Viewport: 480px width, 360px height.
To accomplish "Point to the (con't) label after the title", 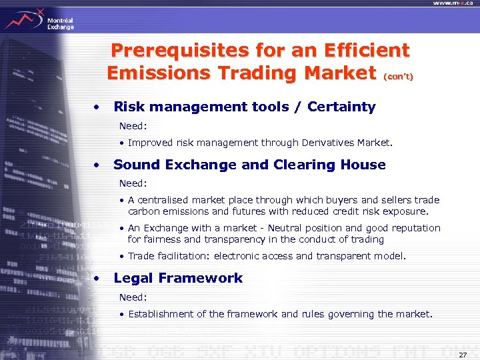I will click(398, 77).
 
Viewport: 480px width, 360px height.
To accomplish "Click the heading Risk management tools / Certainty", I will click(245, 107).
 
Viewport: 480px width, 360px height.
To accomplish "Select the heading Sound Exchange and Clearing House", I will click(249, 165).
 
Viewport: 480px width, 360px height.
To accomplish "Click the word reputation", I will click(415, 228).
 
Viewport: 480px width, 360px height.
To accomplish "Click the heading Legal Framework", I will click(178, 278).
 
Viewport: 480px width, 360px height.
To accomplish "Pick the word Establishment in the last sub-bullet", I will click(159, 314).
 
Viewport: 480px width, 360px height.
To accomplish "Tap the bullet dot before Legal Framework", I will click(97, 278).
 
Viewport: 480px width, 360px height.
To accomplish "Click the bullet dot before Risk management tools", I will click(97, 107).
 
